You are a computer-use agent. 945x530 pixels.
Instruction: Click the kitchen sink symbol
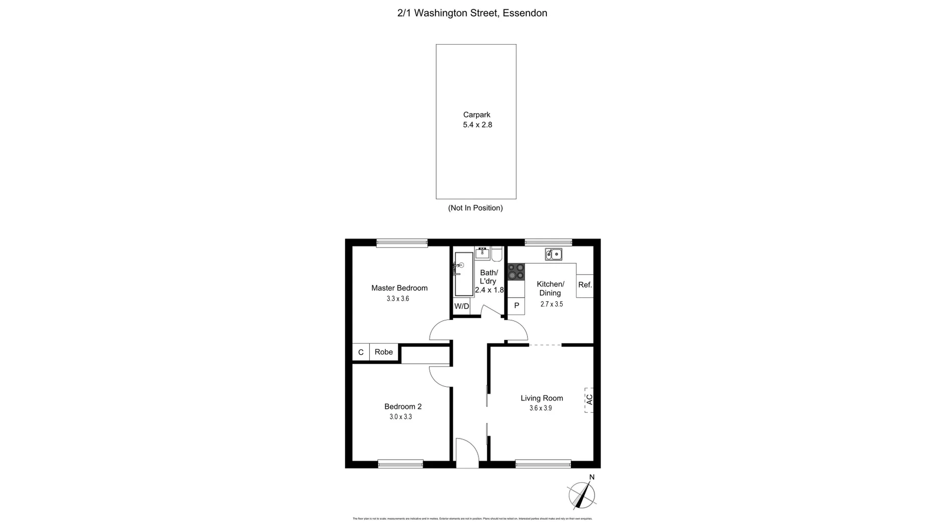tap(553, 254)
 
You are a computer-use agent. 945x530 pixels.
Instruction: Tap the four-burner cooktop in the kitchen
tap(516, 272)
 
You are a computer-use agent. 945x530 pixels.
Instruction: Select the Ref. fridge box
tap(585, 285)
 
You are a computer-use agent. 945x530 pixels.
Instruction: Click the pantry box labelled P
tap(516, 306)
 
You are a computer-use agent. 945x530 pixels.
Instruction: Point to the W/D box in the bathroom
tap(462, 306)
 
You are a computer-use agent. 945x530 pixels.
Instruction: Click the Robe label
tap(384, 352)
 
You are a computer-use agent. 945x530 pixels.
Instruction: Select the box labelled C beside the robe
tap(361, 352)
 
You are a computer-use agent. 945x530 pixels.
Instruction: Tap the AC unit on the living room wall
tap(589, 400)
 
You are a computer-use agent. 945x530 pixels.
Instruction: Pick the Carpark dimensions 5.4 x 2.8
tap(477, 125)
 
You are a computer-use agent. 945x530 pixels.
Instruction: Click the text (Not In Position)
tap(475, 208)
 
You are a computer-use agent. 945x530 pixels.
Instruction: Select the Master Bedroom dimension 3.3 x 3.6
tap(398, 299)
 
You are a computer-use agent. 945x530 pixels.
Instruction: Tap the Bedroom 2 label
tap(403, 406)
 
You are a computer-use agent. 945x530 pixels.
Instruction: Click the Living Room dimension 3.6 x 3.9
tap(540, 408)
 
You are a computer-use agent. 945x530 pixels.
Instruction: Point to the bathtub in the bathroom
tap(464, 274)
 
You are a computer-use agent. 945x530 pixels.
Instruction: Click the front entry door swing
tap(467, 453)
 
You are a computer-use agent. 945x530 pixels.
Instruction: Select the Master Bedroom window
tap(402, 243)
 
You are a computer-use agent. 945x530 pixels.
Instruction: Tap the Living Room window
tap(543, 464)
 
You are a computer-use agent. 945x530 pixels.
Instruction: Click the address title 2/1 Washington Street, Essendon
tap(472, 13)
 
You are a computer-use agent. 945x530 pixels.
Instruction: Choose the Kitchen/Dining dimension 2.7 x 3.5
tap(551, 304)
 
